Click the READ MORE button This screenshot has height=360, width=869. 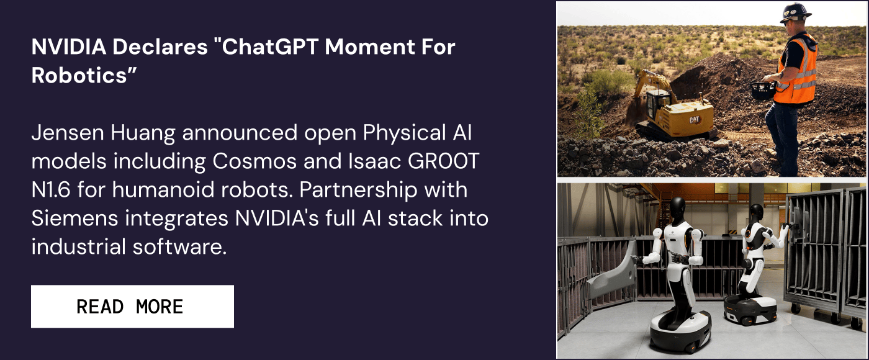click(x=132, y=307)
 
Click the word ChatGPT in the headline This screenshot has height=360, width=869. click(x=269, y=47)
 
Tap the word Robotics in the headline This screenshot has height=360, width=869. click(x=80, y=75)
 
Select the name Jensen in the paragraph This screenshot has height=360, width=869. click(x=68, y=133)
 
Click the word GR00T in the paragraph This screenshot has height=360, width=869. click(x=443, y=161)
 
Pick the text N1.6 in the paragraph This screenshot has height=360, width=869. click(x=50, y=190)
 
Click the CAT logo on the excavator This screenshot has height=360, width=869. click(x=694, y=119)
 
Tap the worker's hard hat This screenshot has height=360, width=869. click(x=795, y=12)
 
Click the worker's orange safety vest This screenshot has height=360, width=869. click(x=798, y=70)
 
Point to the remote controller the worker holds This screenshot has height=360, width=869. click(x=762, y=90)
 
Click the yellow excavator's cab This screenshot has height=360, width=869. click(x=657, y=102)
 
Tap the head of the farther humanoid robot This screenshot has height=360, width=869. click(x=756, y=214)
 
